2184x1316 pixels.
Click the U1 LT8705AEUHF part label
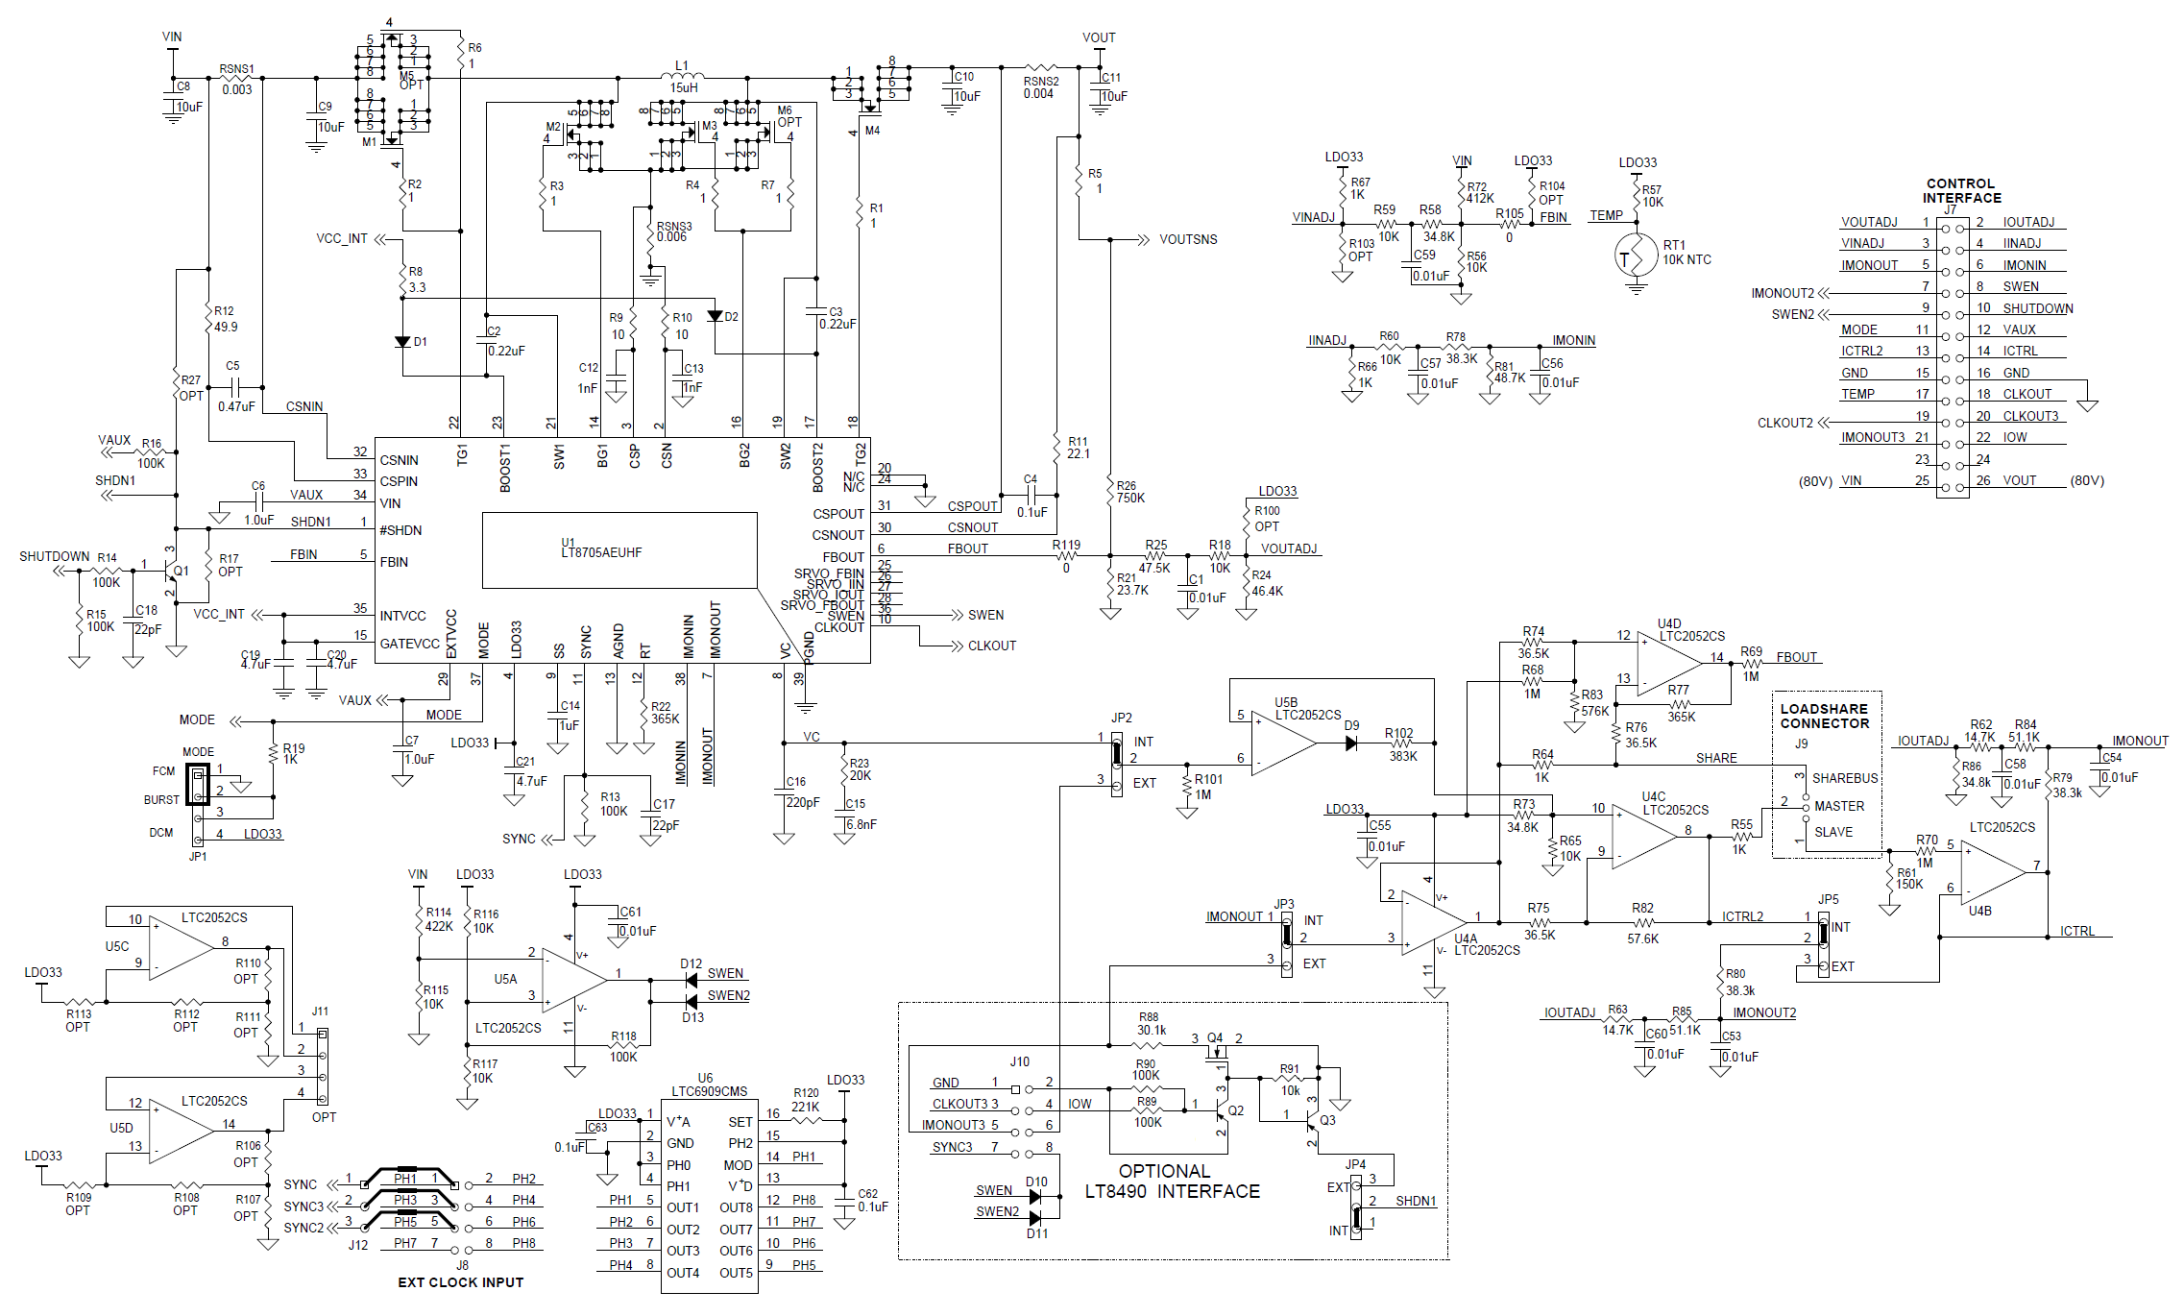(x=601, y=548)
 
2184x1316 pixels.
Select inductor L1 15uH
(x=683, y=76)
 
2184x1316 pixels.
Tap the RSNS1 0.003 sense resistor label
(x=236, y=80)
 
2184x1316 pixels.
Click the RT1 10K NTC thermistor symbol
(x=1637, y=256)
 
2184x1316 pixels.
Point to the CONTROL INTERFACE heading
(x=1961, y=190)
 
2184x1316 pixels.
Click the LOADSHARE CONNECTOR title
(x=1824, y=716)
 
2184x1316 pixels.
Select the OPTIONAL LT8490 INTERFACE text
(x=1172, y=1182)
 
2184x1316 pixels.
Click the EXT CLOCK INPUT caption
(x=460, y=1282)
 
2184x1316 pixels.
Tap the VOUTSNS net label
(x=1188, y=239)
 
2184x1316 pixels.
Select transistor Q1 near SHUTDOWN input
(x=175, y=572)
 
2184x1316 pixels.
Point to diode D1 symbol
(x=402, y=342)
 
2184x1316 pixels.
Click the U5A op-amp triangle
(x=573, y=980)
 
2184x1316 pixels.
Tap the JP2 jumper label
(x=1121, y=718)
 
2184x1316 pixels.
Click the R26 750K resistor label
(x=1129, y=492)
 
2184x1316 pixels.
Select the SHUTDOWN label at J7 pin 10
(x=2037, y=308)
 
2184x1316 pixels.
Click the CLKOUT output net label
(x=991, y=646)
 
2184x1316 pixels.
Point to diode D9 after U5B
(x=1350, y=743)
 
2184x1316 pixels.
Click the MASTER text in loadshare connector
(x=1838, y=806)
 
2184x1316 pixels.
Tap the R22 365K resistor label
(x=665, y=712)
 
